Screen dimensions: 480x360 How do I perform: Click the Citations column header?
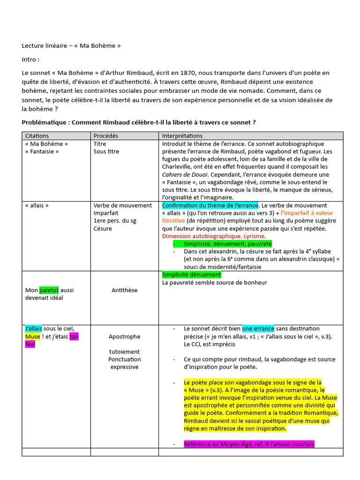point(37,136)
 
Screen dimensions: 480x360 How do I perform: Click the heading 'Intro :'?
point(30,60)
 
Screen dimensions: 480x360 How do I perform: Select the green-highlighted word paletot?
point(49,290)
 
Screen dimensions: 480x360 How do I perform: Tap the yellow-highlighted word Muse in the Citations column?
point(32,337)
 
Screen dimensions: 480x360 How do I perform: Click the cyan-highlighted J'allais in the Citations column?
point(34,329)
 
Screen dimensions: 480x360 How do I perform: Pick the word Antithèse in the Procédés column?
point(124,290)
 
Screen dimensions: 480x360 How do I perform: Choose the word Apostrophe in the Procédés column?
point(124,337)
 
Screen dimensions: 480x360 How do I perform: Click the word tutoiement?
point(124,352)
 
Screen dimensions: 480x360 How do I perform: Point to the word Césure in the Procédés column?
point(103,228)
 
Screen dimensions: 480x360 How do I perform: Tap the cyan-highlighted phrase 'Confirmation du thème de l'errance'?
point(210,205)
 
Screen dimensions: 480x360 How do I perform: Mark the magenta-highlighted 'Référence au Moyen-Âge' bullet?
point(249,444)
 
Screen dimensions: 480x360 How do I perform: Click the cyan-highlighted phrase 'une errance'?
point(258,329)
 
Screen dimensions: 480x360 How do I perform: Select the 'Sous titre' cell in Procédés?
point(106,151)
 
